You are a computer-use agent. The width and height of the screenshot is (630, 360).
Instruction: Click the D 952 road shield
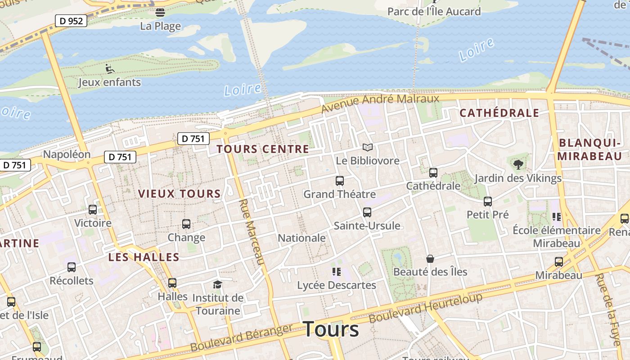tap(71, 21)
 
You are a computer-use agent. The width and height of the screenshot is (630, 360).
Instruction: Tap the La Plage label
tap(160, 26)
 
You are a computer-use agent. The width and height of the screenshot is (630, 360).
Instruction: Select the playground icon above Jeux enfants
tap(110, 69)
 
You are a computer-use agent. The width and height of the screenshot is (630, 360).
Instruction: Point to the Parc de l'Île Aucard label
tap(434, 11)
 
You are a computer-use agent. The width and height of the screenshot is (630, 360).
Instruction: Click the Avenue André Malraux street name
tap(380, 103)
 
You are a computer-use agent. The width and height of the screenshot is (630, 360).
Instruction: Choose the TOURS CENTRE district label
tap(263, 149)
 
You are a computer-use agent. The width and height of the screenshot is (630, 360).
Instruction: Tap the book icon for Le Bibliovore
tap(368, 148)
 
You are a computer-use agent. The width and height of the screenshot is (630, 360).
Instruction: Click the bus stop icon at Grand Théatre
tap(340, 181)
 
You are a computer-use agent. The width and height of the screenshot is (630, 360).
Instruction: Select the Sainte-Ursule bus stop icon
tap(367, 212)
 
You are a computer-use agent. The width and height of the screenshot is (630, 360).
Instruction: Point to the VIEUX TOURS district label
tap(179, 194)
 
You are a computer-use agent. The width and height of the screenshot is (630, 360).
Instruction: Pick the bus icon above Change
tap(186, 224)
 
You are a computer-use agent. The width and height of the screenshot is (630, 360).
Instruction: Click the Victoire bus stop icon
tap(93, 209)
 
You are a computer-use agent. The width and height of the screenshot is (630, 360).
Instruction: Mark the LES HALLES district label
tap(144, 257)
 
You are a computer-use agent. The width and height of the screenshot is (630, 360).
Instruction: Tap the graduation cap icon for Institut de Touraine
tap(218, 284)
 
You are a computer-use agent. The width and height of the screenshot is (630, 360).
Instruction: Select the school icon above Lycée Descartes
tap(337, 272)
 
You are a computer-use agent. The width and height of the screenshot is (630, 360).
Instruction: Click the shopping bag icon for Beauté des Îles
tap(430, 259)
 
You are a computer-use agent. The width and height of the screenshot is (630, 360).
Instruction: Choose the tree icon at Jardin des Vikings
tap(518, 164)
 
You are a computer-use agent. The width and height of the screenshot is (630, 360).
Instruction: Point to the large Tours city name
tap(331, 329)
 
